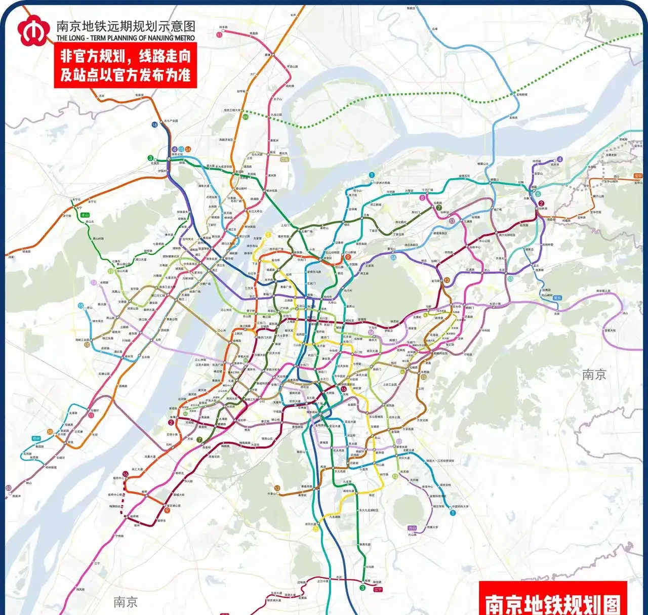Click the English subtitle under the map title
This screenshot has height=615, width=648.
126,38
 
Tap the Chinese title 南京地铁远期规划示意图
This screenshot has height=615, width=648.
126,26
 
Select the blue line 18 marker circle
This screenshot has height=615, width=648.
154,125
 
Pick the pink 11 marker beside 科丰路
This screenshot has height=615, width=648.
219,35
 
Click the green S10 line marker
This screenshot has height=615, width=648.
246,117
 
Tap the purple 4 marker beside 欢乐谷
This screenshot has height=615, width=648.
559,159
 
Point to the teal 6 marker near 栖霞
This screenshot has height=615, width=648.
538,194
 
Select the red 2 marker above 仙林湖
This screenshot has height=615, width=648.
542,203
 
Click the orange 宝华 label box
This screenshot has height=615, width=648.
638,176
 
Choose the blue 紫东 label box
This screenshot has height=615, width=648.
557,298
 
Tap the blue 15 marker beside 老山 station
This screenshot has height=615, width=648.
81,306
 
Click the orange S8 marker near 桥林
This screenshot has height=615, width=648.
50,432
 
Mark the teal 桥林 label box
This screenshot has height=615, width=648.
36,438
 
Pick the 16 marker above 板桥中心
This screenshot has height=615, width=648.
126,474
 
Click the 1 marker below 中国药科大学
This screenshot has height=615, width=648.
453,513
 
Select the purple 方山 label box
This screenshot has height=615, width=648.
412,528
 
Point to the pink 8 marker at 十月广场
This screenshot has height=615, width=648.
423,198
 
